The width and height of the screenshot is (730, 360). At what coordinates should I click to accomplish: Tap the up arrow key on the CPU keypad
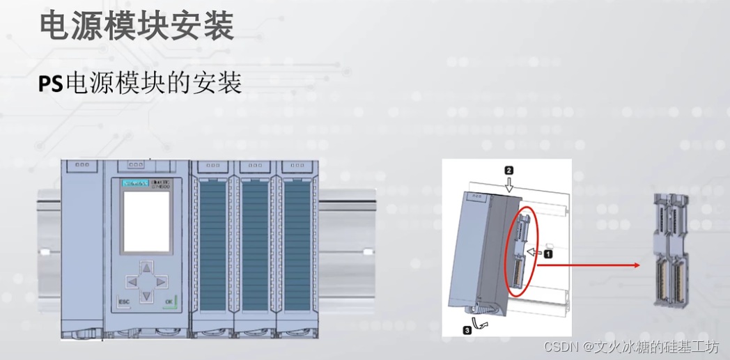coord(146,267)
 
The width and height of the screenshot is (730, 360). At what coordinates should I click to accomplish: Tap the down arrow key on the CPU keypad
coord(146,296)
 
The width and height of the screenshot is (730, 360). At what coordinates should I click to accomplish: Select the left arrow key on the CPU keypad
coord(131,282)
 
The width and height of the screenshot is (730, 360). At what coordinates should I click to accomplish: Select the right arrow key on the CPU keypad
coord(160,282)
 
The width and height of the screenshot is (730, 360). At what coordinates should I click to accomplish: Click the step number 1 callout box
coord(548,254)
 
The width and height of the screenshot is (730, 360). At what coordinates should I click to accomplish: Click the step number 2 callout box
coord(509,170)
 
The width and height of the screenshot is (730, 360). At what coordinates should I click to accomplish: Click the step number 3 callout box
coord(467,331)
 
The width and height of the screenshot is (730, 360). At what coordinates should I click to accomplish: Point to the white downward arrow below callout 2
coord(509,185)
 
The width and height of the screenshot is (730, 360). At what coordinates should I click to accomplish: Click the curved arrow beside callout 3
coord(481,323)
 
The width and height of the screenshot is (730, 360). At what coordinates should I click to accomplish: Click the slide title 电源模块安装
coord(136,26)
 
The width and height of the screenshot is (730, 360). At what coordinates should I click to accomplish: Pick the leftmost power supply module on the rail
coord(82,247)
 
